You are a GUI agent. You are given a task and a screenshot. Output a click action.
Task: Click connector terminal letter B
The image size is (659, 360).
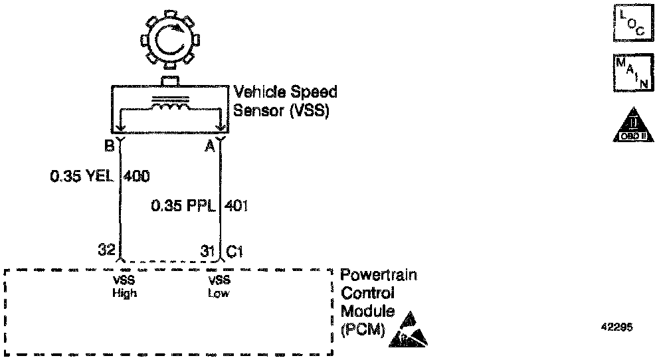[108, 145]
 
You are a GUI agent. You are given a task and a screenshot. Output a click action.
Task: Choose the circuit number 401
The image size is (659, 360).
[237, 206]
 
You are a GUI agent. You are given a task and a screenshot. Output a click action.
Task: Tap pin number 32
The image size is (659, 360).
[106, 251]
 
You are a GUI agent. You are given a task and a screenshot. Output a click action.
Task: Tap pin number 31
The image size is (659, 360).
[207, 251]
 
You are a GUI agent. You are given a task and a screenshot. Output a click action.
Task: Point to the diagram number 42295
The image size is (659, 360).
[618, 327]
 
